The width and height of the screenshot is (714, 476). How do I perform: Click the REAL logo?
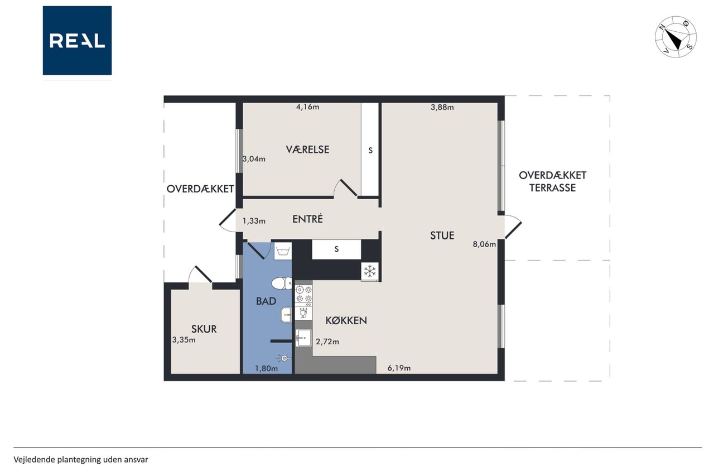(77, 41)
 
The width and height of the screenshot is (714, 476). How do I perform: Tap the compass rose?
(676, 37)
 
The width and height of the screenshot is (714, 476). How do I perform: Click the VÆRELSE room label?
(307, 149)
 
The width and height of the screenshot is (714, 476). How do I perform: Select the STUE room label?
(442, 235)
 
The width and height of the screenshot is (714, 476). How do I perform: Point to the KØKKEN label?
(346, 320)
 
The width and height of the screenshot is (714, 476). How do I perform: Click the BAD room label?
(266, 301)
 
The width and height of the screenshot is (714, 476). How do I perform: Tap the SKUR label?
(204, 329)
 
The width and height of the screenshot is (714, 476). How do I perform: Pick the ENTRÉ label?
(307, 219)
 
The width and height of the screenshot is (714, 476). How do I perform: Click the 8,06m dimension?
(484, 244)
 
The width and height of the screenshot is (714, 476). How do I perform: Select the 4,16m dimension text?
(307, 107)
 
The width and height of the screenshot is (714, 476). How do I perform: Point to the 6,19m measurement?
(399, 368)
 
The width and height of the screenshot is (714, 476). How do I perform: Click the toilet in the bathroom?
(282, 283)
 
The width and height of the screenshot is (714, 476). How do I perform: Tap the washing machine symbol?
(283, 251)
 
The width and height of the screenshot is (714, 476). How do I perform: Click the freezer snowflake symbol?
(370, 272)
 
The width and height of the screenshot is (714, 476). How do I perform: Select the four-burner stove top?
(304, 294)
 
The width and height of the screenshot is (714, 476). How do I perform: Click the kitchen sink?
(303, 338)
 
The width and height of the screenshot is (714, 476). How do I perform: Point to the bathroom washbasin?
(286, 316)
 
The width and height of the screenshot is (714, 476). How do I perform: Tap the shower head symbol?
(284, 358)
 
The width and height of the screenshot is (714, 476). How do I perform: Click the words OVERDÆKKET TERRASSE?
(552, 181)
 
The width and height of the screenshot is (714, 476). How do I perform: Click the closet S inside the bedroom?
(370, 150)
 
